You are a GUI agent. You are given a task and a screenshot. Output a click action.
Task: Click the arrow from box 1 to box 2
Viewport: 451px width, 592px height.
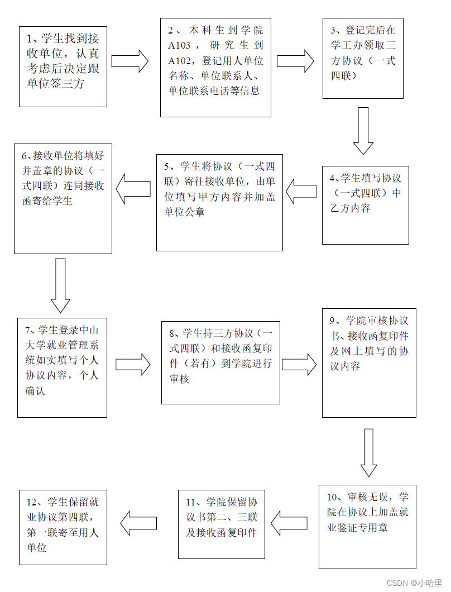pyautogui.click(x=130, y=61)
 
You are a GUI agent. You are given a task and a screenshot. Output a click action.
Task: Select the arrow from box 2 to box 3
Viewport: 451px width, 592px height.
pyautogui.click(x=295, y=61)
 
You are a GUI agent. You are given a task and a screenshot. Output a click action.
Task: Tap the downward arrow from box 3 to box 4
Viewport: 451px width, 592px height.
pyautogui.click(x=363, y=130)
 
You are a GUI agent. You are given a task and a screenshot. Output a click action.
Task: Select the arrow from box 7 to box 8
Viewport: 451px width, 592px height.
pyautogui.click(x=133, y=365)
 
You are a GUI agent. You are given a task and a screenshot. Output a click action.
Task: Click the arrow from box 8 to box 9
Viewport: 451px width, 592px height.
pyautogui.click(x=299, y=364)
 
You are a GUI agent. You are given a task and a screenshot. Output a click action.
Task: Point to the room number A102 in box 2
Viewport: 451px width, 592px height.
pyautogui.click(x=180, y=60)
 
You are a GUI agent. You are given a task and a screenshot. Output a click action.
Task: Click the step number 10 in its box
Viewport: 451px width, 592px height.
pyautogui.click(x=333, y=497)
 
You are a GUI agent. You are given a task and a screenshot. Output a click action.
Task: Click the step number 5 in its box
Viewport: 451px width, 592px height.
pyautogui.click(x=167, y=166)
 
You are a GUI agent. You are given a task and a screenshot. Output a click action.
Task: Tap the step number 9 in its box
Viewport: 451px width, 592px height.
pyautogui.click(x=333, y=321)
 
